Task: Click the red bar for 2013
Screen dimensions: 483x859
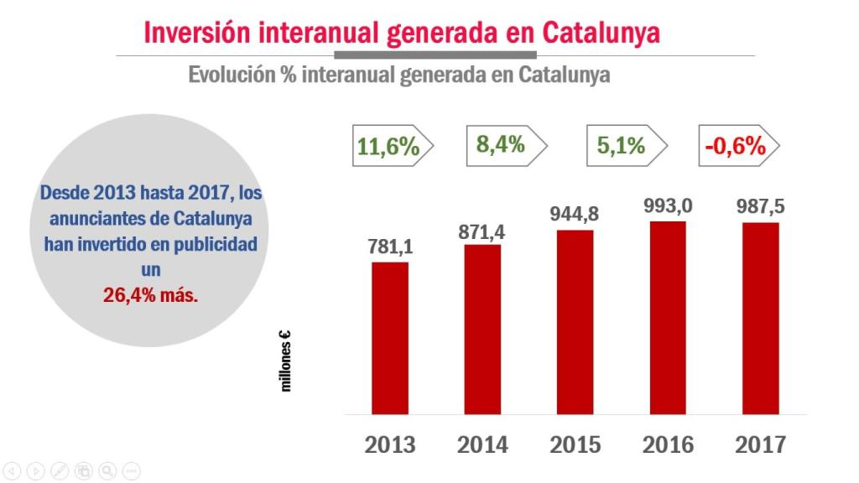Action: pos(390,338)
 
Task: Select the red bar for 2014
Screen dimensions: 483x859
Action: pos(482,330)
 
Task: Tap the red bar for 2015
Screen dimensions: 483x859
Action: pos(575,322)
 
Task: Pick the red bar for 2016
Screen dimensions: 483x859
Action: pos(668,318)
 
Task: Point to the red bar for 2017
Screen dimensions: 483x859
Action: pos(761,319)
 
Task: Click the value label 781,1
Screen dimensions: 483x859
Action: pos(390,247)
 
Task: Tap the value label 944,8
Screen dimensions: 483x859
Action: pos(575,214)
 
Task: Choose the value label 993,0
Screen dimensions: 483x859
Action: pos(668,205)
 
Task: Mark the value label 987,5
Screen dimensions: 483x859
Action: pos(761,206)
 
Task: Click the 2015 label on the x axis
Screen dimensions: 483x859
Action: pos(575,444)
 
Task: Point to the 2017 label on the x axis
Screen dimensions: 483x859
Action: pos(761,444)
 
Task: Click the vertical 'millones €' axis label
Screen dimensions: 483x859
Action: pos(286,361)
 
